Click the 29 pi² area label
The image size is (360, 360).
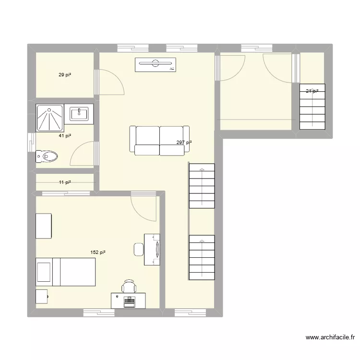coord(65,75)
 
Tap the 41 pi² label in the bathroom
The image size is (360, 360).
coord(65,136)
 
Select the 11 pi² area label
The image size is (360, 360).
coord(65,182)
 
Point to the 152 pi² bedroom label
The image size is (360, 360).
coord(98,252)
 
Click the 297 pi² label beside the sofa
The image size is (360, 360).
coord(184,143)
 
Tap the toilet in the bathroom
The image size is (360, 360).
coord(47,156)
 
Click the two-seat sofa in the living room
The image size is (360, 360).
coord(159,141)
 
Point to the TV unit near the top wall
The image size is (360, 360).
coord(156,64)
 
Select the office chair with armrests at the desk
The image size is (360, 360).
coord(129,286)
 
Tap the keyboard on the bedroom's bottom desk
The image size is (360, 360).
coord(129,302)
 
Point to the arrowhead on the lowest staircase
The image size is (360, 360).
coord(202,238)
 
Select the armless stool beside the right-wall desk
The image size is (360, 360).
coord(138,249)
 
